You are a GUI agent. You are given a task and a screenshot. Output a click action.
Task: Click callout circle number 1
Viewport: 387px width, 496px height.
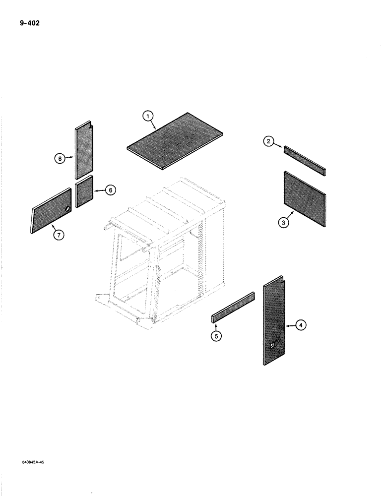[x=147, y=117]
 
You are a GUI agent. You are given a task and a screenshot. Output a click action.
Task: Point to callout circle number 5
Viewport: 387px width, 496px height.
[x=216, y=336]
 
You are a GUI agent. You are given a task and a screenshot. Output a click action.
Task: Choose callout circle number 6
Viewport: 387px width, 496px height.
[x=110, y=189]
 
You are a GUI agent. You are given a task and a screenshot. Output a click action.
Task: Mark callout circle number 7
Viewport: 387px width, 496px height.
[x=59, y=236]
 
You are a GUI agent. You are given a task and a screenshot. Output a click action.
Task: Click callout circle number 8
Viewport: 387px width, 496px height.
[x=59, y=159]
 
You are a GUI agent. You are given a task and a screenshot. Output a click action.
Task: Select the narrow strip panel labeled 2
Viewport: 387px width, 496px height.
[x=305, y=160]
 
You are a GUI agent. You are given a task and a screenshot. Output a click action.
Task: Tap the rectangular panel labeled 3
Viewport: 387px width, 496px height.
[x=305, y=198]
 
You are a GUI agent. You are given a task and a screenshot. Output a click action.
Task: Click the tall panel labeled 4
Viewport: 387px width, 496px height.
[x=273, y=322]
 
